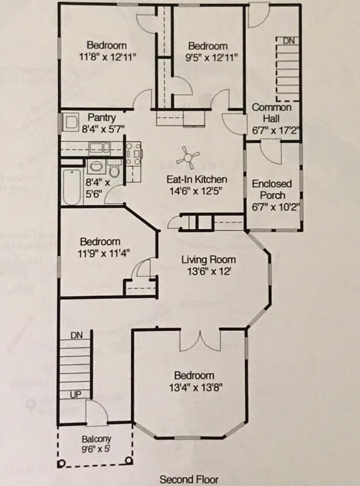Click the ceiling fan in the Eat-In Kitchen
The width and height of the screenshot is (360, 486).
pos(188,159)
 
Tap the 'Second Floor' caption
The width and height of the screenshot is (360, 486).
pos(189,479)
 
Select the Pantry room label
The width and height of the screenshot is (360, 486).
pos(102,118)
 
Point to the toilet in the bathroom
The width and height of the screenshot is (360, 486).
pos(115,169)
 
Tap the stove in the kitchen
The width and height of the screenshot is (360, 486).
pos(134,154)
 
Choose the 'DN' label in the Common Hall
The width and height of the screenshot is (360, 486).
pos(289,41)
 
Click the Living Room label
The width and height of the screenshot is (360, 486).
pos(208,259)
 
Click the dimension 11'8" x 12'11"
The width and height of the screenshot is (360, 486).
pos(106,56)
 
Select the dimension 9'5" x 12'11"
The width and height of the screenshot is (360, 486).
pos(208,57)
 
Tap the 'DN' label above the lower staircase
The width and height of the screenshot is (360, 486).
pos(77,335)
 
